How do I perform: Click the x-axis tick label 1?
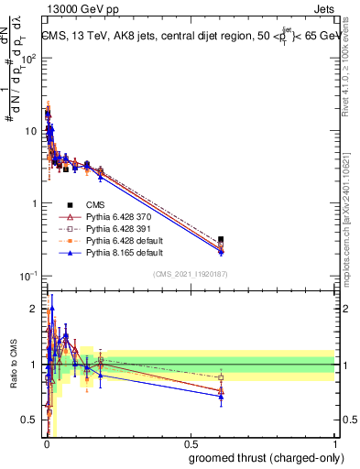tap(335, 444)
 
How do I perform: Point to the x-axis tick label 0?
tap(46, 444)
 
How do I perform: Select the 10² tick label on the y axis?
tap(28, 58)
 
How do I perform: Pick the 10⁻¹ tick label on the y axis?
tap(28, 276)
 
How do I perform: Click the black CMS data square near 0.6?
tap(221, 240)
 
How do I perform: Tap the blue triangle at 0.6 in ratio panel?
tap(221, 398)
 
